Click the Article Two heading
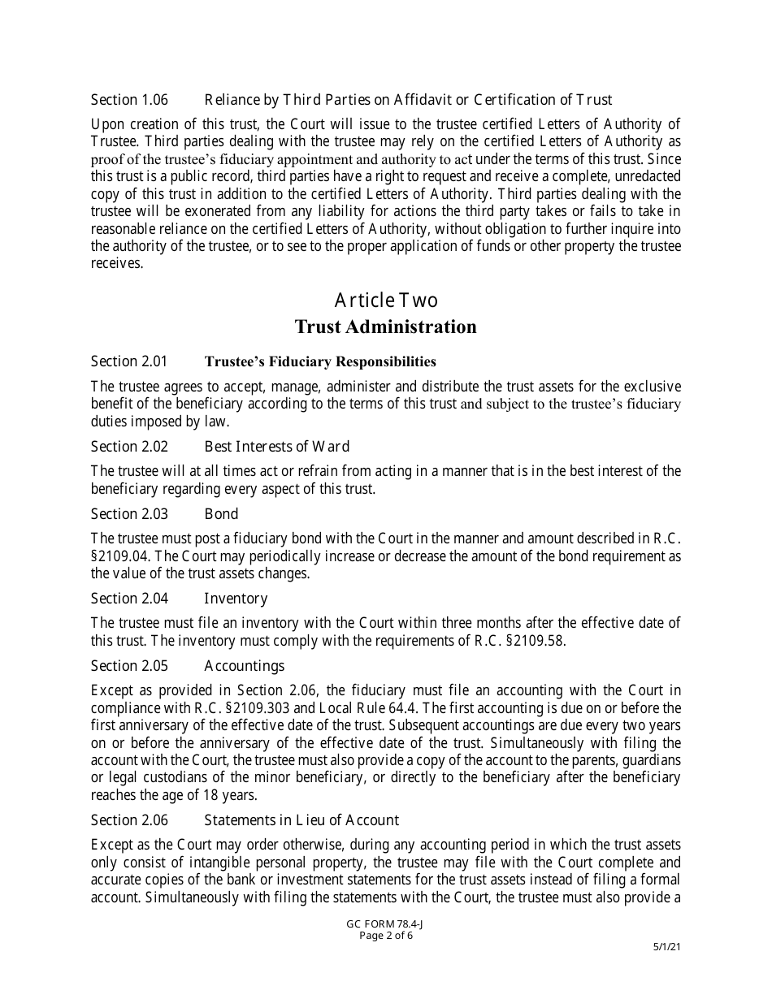(386, 301)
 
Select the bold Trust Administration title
(385, 327)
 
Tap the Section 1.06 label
(129, 100)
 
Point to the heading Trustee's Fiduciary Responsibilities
(320, 361)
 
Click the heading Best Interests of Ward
(276, 447)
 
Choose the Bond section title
(221, 514)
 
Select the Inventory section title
(236, 599)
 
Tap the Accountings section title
(244, 666)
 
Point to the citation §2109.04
(117, 556)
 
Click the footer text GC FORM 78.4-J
(386, 924)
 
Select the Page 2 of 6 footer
(386, 935)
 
